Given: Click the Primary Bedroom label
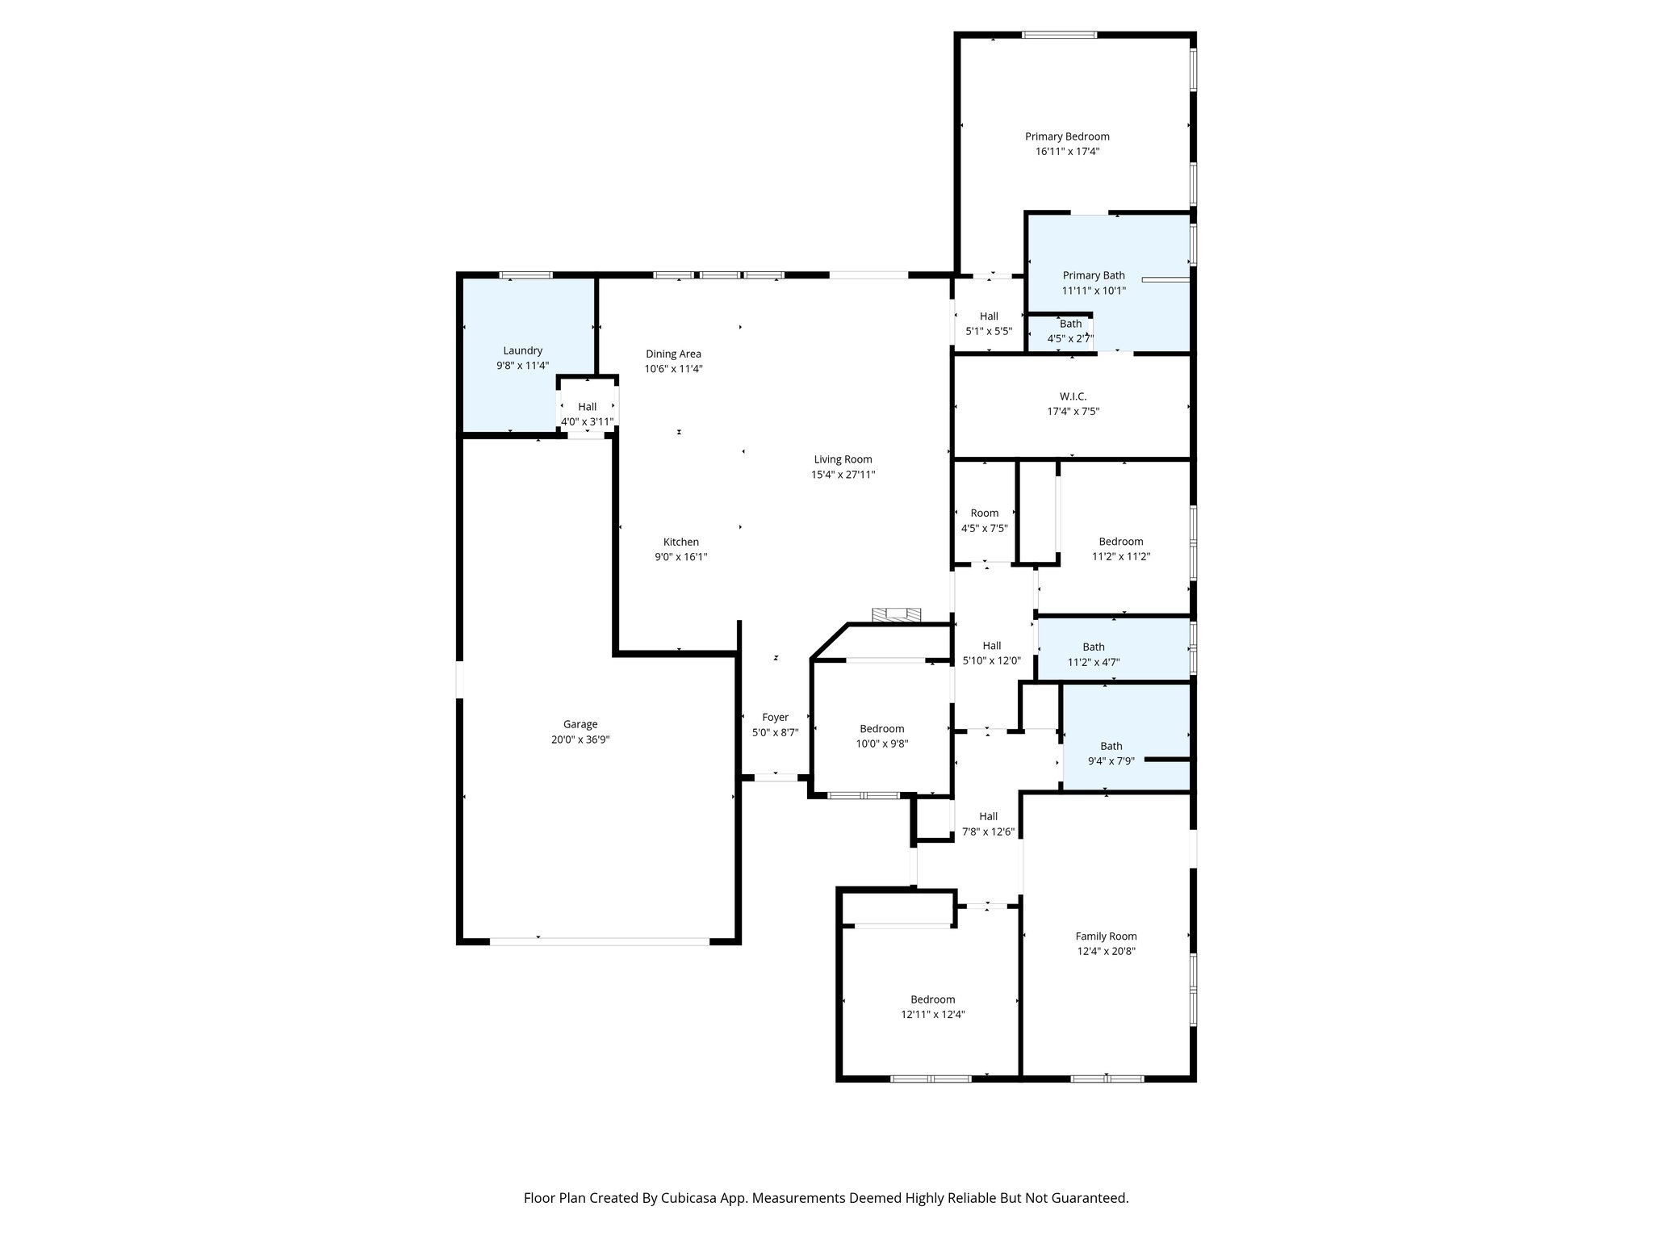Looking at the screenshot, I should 1067,136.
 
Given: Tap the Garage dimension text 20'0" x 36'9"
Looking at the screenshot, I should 580,739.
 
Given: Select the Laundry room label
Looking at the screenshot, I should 522,350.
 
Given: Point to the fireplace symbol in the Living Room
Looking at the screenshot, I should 896,615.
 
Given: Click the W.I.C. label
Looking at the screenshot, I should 1073,396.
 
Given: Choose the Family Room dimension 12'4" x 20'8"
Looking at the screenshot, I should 1106,951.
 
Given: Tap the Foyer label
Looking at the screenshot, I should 775,717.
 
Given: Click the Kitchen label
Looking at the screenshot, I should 680,542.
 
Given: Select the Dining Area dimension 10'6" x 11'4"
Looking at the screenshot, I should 673,369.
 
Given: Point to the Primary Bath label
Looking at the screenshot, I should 1093,275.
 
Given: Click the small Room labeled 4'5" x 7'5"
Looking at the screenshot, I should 984,513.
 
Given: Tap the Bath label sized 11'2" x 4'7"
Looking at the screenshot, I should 1093,647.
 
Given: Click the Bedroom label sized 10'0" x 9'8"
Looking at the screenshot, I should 881,729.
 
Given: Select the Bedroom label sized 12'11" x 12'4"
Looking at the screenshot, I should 932,999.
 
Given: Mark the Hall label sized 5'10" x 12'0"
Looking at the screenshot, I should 991,645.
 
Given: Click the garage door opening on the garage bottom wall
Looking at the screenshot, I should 599,940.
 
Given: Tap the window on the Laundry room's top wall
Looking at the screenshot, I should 525,275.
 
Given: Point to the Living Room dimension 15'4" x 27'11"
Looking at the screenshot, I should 843,475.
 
